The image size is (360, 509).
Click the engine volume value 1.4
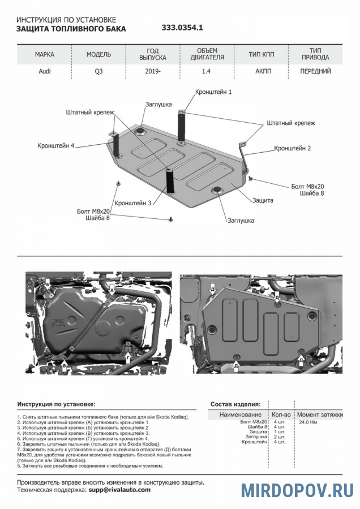pos(207,72)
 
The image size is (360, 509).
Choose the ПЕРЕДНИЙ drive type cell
pos(315,72)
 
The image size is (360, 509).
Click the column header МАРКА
pos(44,55)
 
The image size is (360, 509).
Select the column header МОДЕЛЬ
pos(98,55)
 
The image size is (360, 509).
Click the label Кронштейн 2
pos(293,148)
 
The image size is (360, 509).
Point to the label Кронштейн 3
pos(133,202)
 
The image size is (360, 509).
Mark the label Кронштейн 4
pos(56,145)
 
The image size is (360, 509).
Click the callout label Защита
pos(263,200)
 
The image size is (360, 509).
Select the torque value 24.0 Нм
pos(308,422)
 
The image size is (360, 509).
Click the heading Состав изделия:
pos(235,404)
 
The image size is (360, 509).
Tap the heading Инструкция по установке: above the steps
pos(56,404)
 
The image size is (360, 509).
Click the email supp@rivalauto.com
pos(119,490)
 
